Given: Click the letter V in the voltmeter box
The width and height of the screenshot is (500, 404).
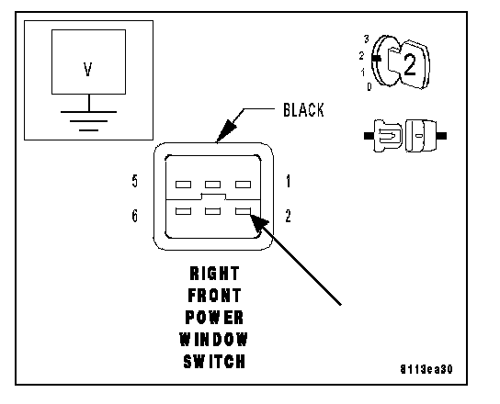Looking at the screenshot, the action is tap(88, 70).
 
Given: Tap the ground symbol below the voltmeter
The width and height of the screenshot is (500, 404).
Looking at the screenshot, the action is tap(88, 121).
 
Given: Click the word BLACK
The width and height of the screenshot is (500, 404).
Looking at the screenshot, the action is tap(303, 110).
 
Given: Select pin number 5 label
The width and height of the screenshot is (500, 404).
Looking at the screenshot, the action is tap(135, 181).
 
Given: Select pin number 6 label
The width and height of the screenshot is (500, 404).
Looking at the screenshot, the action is tap(135, 216).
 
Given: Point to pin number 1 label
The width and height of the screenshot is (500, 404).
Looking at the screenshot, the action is tap(289, 181).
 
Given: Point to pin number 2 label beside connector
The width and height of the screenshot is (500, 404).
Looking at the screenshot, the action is tap(288, 216).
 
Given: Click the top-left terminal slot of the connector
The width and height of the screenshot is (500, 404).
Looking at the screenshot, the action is tap(183, 185).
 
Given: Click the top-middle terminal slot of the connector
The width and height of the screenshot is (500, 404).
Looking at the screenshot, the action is tap(212, 185).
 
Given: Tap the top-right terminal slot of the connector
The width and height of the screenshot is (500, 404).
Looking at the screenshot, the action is tap(243, 185).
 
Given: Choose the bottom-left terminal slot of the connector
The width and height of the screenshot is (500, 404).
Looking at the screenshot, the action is tap(183, 211).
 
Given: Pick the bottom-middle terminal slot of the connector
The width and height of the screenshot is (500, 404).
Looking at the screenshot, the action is tap(212, 211).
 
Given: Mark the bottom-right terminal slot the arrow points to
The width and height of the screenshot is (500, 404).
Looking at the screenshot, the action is tap(243, 211).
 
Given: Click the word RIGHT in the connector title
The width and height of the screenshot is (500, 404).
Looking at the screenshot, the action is tap(214, 274).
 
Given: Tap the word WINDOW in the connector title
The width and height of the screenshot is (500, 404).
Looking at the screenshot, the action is tap(213, 339).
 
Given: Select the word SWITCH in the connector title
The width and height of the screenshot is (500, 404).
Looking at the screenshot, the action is tap(214, 362).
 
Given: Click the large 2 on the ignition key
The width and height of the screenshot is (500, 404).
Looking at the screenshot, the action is tap(410, 64).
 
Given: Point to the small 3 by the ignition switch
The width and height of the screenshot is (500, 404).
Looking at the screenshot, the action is tap(367, 39).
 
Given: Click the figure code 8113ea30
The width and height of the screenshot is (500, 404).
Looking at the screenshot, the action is tap(426, 369).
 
